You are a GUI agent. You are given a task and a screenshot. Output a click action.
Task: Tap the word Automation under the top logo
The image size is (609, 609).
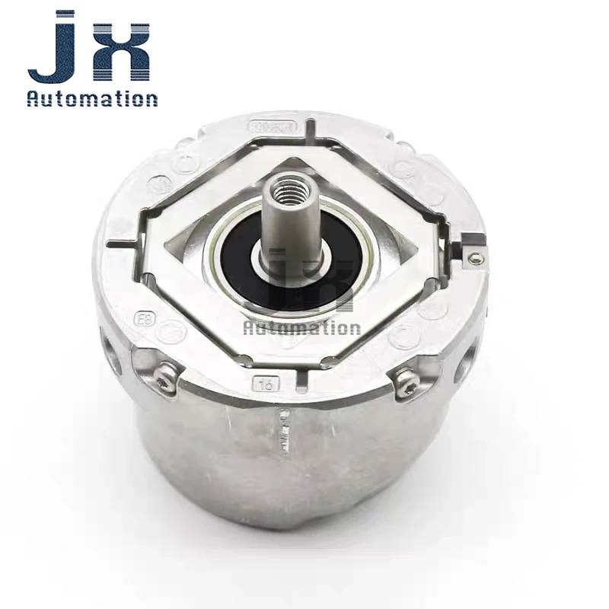click(x=91, y=98)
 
